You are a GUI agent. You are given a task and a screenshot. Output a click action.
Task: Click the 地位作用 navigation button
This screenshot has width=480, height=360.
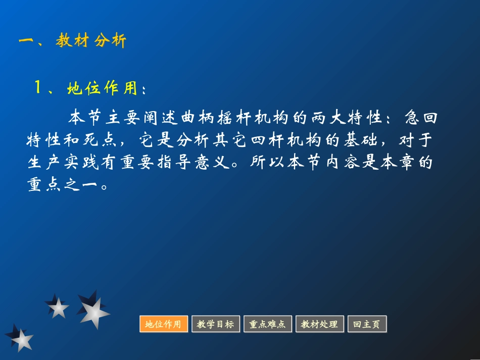tap(163, 324)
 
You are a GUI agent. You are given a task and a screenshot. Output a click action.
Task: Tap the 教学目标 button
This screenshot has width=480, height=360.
tap(215, 324)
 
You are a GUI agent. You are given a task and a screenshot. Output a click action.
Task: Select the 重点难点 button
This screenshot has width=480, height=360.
tap(267, 324)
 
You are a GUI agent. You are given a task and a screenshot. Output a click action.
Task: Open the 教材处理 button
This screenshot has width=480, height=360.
tap(319, 324)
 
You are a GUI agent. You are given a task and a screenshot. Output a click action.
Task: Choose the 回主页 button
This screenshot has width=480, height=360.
tap(367, 324)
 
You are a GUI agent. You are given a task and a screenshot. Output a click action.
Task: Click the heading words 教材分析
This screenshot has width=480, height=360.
tap(91, 41)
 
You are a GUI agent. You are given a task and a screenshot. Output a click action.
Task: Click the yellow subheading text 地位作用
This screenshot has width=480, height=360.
tap(102, 89)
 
